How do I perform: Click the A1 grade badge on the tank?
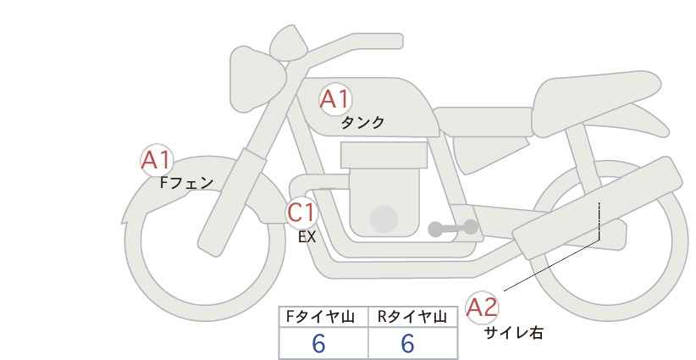pyautogui.click(x=335, y=99)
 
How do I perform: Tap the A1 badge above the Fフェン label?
pyautogui.click(x=156, y=160)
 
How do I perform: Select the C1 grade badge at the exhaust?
pyautogui.click(x=301, y=213)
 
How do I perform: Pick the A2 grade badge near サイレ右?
pyautogui.click(x=482, y=307)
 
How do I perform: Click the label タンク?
pyautogui.click(x=362, y=123)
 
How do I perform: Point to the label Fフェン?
pyautogui.click(x=186, y=183)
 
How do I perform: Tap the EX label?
pyautogui.click(x=307, y=237)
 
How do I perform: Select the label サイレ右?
pyautogui.click(x=514, y=333)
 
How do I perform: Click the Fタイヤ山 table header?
pyautogui.click(x=320, y=317)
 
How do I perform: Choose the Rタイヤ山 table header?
pyautogui.click(x=412, y=317)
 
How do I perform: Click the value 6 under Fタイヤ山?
pyautogui.click(x=318, y=343)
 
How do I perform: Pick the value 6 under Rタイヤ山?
pyautogui.click(x=407, y=343)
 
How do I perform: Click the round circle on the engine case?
pyautogui.click(x=384, y=219)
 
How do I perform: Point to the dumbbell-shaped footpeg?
pyautogui.click(x=453, y=228)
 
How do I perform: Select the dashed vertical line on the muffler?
pyautogui.click(x=599, y=221)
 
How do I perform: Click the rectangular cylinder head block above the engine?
pyautogui.click(x=384, y=155)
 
